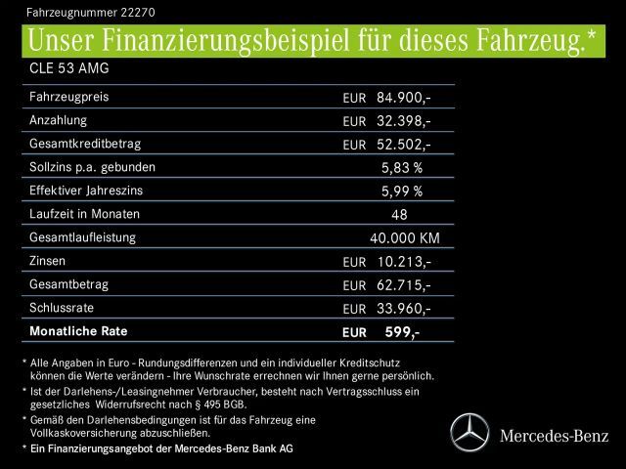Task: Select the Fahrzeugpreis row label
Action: (69, 98)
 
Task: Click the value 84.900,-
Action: (403, 98)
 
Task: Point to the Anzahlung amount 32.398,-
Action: (403, 121)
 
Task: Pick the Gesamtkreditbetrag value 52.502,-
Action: (403, 145)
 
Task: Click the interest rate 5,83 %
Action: (402, 168)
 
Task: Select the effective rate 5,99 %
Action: (402, 192)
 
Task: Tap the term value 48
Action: (398, 215)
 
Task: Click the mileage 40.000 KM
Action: (404, 238)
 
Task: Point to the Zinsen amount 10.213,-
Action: (403, 262)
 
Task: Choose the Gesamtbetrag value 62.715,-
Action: (403, 285)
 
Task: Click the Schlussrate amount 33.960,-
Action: (403, 309)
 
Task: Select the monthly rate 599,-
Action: (402, 332)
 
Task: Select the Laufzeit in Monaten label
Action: (85, 214)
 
